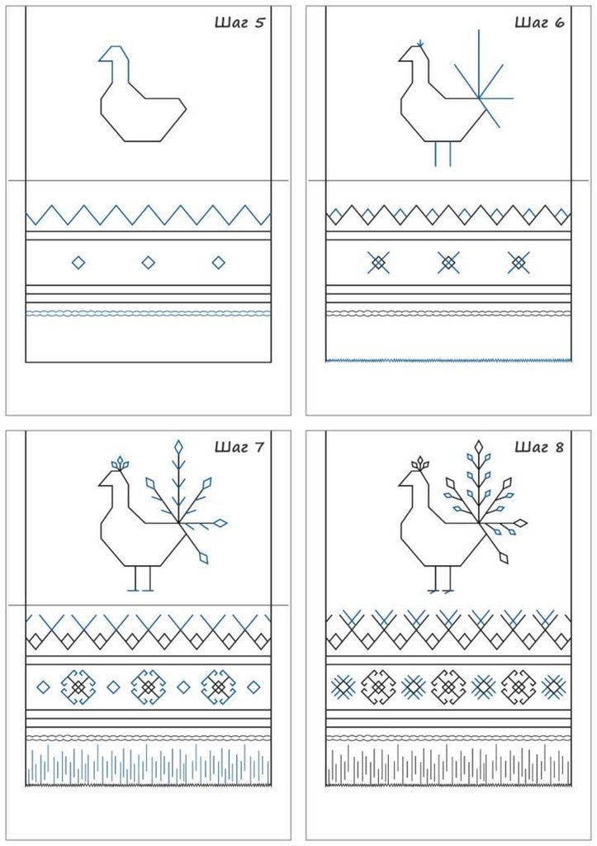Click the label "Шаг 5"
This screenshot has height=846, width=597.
[239, 22]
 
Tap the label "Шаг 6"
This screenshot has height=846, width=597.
[539, 22]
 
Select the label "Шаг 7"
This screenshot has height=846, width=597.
[239, 447]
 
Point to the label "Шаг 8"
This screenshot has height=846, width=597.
[539, 447]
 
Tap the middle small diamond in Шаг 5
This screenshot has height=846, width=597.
[149, 263]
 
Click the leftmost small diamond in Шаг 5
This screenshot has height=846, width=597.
[78, 263]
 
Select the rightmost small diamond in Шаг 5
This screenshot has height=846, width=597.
[219, 263]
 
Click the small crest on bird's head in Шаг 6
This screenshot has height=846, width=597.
[420, 43]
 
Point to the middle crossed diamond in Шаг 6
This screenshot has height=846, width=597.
[448, 263]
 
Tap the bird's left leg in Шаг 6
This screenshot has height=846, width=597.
[436, 154]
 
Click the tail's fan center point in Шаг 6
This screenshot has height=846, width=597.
[479, 98]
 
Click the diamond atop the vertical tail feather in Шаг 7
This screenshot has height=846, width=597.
[178, 447]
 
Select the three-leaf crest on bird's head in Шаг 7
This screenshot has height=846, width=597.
[120, 463]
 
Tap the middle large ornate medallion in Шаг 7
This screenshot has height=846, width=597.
[149, 687]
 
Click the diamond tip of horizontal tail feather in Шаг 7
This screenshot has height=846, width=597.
[220, 522]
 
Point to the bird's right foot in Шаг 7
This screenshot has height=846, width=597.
[149, 590]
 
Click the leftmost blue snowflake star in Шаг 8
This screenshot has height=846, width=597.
[342, 687]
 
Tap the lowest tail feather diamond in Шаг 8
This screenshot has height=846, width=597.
[504, 556]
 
